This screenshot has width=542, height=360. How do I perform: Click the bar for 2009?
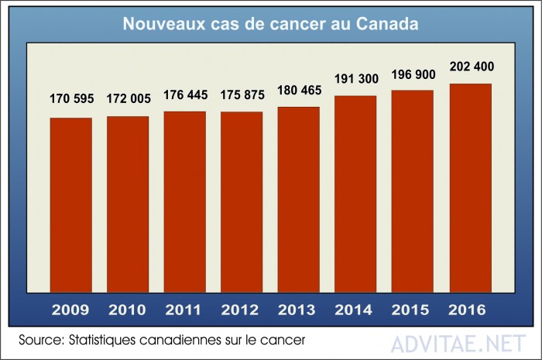tap(70, 205)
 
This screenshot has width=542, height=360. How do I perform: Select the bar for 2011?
tap(184, 202)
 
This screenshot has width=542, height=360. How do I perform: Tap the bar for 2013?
tap(298, 200)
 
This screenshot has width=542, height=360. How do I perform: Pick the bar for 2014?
tap(355, 194)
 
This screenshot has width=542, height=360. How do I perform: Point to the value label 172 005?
tap(128, 98)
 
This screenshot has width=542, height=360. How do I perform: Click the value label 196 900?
tap(412, 74)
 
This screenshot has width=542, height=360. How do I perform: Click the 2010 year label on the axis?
tap(128, 310)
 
